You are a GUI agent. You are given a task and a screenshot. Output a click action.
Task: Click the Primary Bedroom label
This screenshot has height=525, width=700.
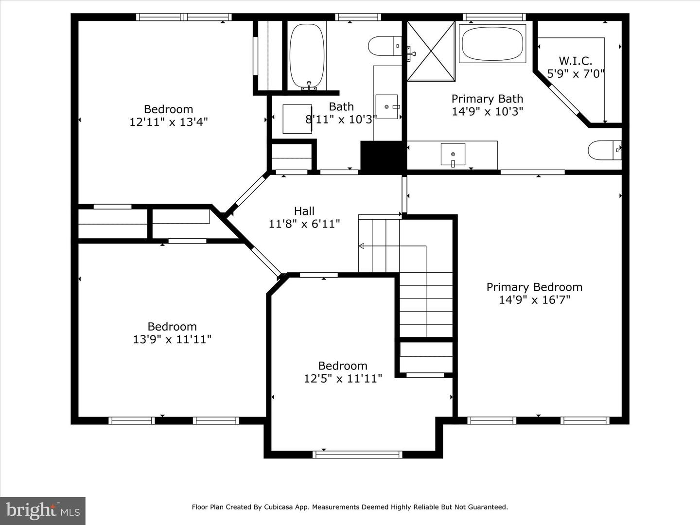click(x=534, y=287)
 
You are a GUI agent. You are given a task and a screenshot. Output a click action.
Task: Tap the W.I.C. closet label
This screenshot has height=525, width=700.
click(x=575, y=61)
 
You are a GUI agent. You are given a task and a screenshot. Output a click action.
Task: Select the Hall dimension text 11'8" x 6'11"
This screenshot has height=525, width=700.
click(x=304, y=224)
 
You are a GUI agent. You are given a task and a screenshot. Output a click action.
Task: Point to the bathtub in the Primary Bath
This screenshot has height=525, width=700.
click(x=492, y=44)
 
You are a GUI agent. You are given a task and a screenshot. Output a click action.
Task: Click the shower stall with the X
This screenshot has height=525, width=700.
click(x=431, y=51)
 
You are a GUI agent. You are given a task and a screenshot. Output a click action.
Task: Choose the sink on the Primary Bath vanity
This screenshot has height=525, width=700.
click(x=453, y=155)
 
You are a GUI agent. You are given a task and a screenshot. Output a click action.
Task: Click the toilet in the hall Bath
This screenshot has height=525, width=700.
click(x=385, y=46)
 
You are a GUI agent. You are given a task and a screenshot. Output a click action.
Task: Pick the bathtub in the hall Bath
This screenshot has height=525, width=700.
click(x=307, y=56)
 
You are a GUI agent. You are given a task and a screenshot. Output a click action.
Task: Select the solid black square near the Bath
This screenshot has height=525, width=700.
click(x=383, y=157)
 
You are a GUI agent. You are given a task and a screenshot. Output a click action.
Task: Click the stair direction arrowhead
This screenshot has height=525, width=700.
click(x=361, y=246)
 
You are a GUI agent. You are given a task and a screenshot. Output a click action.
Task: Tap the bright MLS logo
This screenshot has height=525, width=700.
click(x=43, y=510)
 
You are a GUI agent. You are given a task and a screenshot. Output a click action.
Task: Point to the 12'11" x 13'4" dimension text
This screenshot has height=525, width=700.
click(x=168, y=122)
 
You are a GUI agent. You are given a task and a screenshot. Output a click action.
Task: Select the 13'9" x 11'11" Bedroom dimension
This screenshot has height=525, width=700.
click(x=172, y=339)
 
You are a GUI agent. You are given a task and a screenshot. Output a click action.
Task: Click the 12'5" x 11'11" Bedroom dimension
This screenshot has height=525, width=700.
click(x=343, y=378)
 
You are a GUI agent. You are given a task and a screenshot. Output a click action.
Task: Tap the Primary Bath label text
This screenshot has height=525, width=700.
click(x=487, y=99)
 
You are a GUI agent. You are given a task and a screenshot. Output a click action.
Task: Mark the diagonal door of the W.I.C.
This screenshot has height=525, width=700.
click(x=564, y=99)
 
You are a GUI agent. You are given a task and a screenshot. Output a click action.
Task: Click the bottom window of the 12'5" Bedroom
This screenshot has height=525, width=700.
click(x=357, y=455)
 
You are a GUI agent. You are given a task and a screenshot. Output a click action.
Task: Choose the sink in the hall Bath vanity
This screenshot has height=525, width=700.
click(x=386, y=107)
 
